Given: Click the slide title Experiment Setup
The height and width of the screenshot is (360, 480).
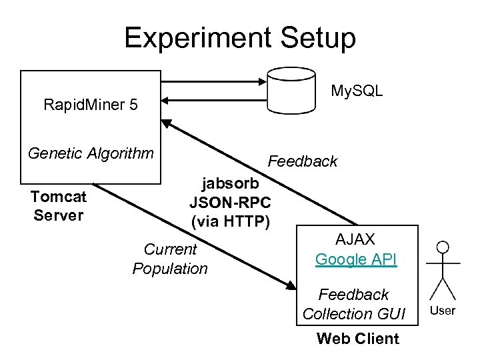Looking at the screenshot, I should pos(240,38).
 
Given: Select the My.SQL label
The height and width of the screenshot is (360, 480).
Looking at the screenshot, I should pos(357,91).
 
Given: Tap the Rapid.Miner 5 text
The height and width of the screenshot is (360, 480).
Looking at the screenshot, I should pos(91,105).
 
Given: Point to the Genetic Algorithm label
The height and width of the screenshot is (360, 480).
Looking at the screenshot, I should pos(91,153).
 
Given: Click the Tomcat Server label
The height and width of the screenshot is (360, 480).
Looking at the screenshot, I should pos(59,206).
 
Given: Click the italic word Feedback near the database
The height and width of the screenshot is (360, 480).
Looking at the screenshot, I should pos(302,161).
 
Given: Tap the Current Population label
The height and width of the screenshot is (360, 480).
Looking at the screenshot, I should pos(170,259).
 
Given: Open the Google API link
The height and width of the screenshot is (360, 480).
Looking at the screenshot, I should pos(356,259).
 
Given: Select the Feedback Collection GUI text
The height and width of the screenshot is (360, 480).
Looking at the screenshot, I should pos(353,304).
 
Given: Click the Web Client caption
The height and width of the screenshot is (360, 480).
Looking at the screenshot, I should pos(357,339).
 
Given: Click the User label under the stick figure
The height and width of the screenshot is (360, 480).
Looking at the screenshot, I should pos(443,311).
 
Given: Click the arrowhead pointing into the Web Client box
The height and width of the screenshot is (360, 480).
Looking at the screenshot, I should pos(291,285).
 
